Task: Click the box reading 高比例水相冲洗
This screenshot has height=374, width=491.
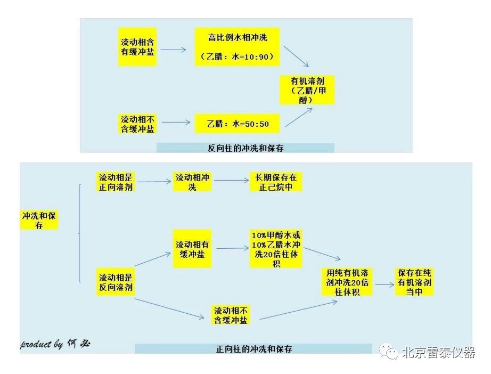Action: point(236,47)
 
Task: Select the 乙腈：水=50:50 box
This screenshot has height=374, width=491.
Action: point(238,124)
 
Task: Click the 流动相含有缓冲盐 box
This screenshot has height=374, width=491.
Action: point(137,47)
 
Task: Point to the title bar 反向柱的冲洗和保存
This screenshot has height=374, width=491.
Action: point(245,148)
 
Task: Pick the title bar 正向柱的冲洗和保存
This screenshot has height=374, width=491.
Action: point(253,349)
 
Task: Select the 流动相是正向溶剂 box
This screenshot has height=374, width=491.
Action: point(116,182)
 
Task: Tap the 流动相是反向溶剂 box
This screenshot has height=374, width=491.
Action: point(116,283)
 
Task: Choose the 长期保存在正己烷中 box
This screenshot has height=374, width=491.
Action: point(276,182)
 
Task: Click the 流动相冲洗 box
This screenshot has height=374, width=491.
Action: point(192,182)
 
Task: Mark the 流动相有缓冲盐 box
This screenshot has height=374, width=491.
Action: point(192,249)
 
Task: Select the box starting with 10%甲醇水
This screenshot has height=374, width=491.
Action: point(276,249)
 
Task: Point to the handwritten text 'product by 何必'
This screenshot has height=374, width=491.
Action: point(56,344)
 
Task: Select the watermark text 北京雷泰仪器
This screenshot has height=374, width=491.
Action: point(438,353)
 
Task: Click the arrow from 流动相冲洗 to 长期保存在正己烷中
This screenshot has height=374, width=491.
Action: point(231,181)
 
